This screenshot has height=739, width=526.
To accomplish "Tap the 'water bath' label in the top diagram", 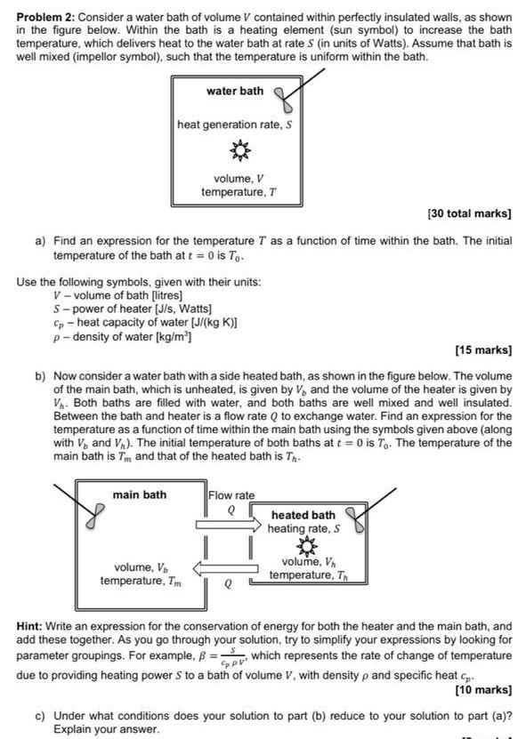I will pos(235,92).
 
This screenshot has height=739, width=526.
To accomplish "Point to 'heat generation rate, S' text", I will pos(235,125).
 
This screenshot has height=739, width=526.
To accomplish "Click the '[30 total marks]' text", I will pos(469,214).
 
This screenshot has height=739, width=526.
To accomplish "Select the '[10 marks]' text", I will pos(483,689).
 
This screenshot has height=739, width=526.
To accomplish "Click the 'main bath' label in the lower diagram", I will pos(139,494).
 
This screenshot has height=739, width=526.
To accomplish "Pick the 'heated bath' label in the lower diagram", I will pos(303,515).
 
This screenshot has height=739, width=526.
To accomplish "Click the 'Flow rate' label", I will pos(231,495).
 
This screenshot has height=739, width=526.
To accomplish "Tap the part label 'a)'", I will pos(41,241).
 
